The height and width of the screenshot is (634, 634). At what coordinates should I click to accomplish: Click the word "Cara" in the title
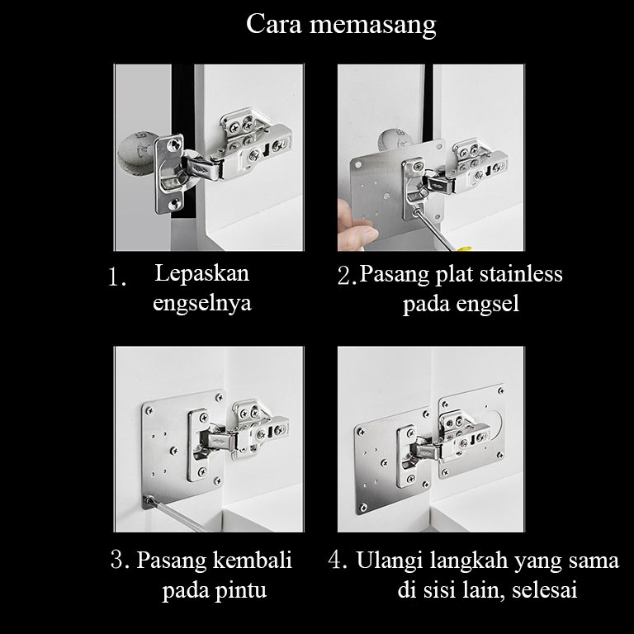pyautogui.click(x=274, y=23)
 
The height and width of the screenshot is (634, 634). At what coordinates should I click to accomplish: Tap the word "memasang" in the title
pyautogui.click(x=373, y=26)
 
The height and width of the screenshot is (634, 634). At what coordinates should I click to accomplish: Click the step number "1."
pyautogui.click(x=117, y=277)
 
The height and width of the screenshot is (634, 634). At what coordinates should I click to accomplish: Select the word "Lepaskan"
pyautogui.click(x=201, y=274)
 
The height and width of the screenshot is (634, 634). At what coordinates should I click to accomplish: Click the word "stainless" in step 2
pyautogui.click(x=521, y=274)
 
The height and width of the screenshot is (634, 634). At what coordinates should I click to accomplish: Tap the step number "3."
pyautogui.click(x=121, y=560)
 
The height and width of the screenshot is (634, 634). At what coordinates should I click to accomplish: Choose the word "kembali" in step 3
pyautogui.click(x=253, y=560)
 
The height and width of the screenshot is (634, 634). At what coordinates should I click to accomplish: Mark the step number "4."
pyautogui.click(x=338, y=560)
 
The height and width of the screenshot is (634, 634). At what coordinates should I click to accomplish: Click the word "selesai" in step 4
pyautogui.click(x=544, y=590)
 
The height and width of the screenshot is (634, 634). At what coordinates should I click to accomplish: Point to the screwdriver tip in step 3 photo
pyautogui.click(x=149, y=500)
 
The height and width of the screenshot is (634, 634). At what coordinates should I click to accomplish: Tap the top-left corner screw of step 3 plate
pyautogui.click(x=149, y=411)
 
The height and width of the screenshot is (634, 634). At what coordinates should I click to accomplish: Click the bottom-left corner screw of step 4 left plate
pyautogui.click(x=363, y=506)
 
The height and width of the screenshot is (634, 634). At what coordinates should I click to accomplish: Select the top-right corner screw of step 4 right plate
pyautogui.click(x=501, y=391)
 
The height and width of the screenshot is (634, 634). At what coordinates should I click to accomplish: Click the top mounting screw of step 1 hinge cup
pyautogui.click(x=173, y=144)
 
